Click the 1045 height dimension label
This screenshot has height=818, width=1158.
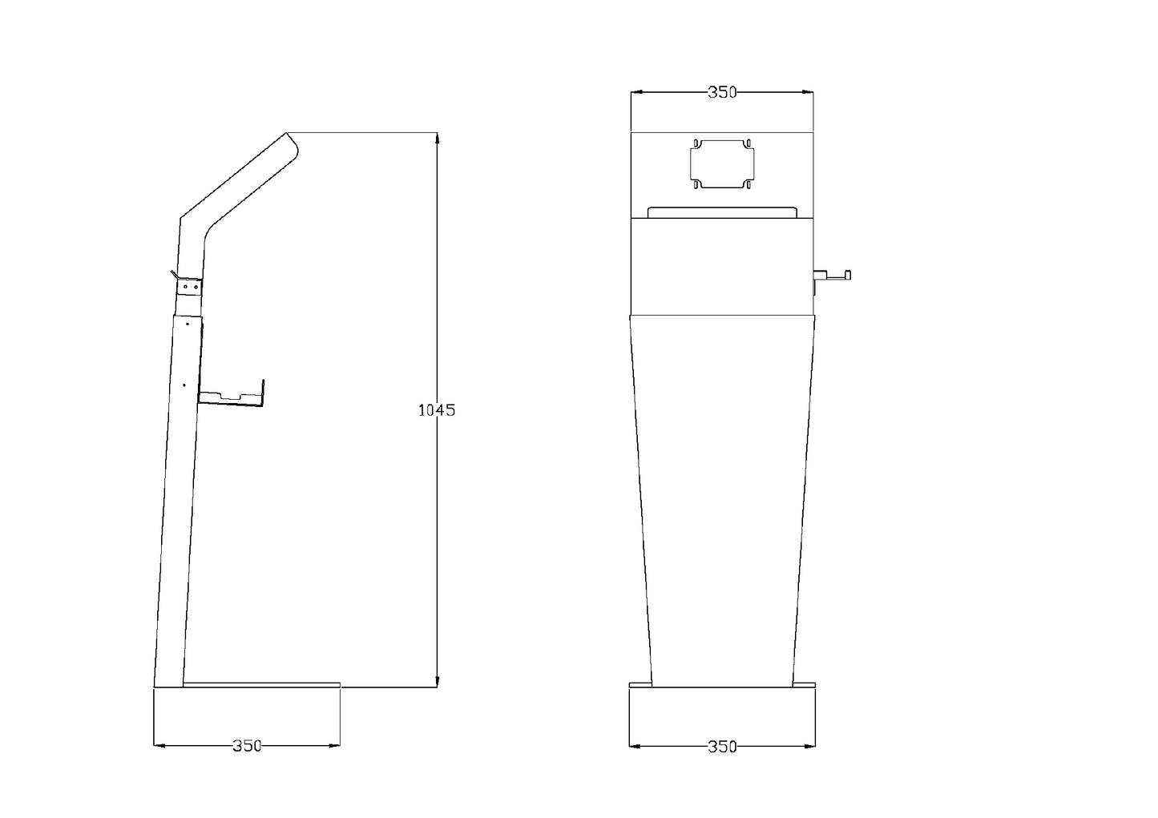pos(437,410)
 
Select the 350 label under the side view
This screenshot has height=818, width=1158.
pos(247,745)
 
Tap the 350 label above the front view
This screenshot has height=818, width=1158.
pos(721,92)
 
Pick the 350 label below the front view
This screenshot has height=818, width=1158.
pos(722,746)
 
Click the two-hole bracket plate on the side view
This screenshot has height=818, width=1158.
pos(189,286)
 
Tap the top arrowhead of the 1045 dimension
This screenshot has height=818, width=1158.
pos(437,138)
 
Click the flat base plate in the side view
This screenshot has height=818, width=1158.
pos(261,685)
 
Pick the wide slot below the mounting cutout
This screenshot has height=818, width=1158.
pos(722,212)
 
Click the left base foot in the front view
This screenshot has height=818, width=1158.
pos(640,685)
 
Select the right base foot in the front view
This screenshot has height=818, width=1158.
pos(805,685)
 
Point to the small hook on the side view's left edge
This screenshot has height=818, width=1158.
pos(173,276)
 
